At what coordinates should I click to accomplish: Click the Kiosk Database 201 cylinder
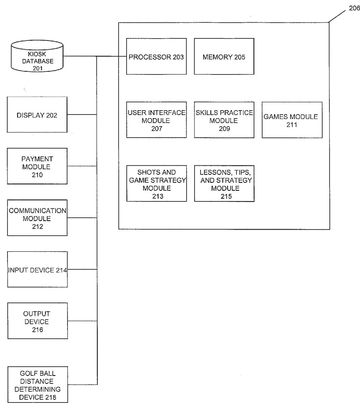(x=37, y=57)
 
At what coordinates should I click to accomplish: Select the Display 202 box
(x=37, y=115)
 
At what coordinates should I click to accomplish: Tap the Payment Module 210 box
(x=37, y=166)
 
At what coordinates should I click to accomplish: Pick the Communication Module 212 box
(x=37, y=218)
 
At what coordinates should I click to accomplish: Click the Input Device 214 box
(x=37, y=270)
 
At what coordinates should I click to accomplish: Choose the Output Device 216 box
(x=37, y=321)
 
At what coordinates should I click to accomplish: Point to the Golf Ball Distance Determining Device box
(x=37, y=385)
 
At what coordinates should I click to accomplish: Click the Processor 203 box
(x=156, y=56)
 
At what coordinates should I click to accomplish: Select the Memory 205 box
(x=224, y=56)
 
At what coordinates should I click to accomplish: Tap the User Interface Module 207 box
(x=156, y=120)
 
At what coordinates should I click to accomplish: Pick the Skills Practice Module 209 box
(x=224, y=120)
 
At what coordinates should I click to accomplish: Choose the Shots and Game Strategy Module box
(x=156, y=183)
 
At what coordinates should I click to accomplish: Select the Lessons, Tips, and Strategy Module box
(x=224, y=183)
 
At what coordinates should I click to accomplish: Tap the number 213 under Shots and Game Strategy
(x=156, y=196)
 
